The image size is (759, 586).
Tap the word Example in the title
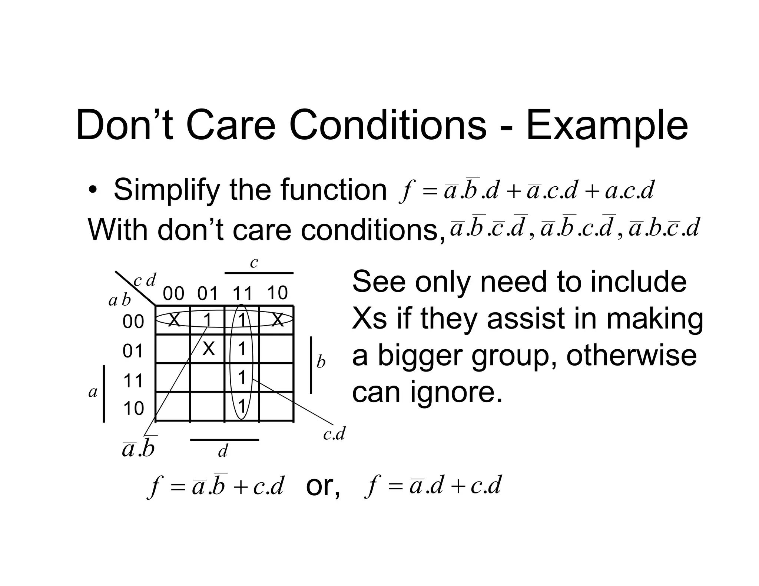point(607,126)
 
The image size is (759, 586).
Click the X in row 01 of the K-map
point(209,349)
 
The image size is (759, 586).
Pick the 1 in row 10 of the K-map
point(242,406)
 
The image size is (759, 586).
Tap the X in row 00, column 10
point(278,319)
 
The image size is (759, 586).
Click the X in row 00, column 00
point(173,319)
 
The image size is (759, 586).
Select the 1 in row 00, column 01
point(208,319)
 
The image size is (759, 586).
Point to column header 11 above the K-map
point(242,294)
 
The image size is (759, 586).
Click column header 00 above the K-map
point(173,294)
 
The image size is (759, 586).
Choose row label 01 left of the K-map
point(133,351)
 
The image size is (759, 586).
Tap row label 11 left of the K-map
point(133,380)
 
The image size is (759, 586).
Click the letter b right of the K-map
point(321,362)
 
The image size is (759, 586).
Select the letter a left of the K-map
point(93,392)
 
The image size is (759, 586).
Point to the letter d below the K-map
point(223,451)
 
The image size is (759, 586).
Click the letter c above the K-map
point(254,263)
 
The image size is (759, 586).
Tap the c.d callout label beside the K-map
point(334,433)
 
